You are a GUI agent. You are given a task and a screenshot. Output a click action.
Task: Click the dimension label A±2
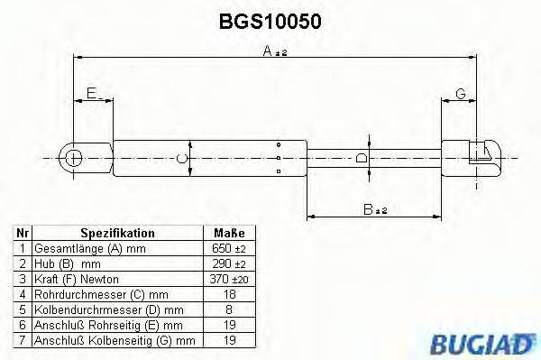click(x=273, y=53)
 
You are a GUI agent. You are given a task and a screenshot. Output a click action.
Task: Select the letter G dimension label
click(x=460, y=94)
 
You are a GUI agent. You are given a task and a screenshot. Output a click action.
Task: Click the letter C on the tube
click(x=182, y=158)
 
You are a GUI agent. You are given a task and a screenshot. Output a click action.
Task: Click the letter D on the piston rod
click(x=361, y=158)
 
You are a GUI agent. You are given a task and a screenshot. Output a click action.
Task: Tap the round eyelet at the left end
click(x=73, y=159)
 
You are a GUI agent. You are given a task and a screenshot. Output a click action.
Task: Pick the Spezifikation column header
click(x=118, y=232)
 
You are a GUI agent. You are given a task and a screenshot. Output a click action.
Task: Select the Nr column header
click(x=23, y=232)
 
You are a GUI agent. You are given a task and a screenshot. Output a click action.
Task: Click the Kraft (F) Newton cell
click(x=77, y=279)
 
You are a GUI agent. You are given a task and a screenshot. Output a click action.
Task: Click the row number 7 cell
click(x=23, y=341)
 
